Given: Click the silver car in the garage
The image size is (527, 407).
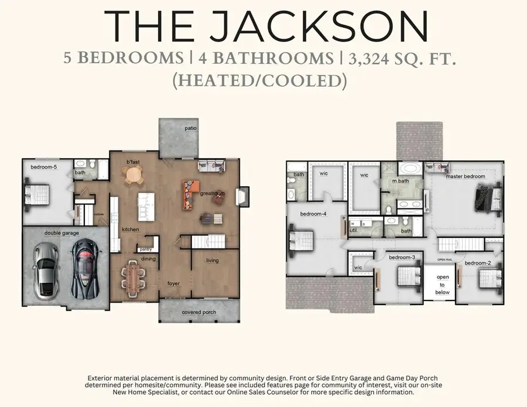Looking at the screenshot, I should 46,270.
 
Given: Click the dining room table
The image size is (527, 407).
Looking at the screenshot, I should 135,278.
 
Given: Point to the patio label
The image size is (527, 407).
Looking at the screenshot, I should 190,127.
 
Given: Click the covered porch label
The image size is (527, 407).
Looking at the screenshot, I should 199,312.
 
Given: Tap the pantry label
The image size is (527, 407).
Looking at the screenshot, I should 146,249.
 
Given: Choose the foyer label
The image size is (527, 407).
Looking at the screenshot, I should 173,284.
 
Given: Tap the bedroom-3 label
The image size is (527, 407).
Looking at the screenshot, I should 402,257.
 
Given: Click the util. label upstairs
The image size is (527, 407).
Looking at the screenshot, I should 354,231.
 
